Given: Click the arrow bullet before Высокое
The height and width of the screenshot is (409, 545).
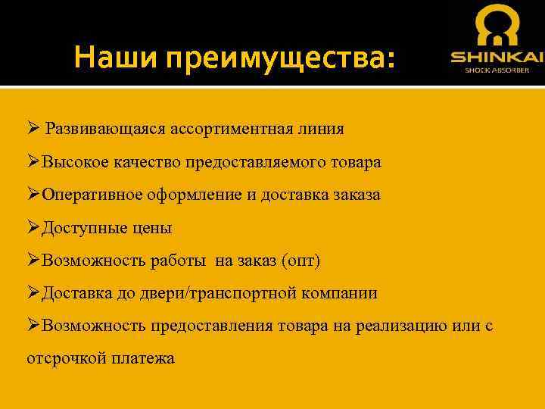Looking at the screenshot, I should pyautogui.click(x=33, y=162).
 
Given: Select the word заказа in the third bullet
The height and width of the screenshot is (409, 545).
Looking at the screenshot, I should pyautogui.click(x=357, y=195).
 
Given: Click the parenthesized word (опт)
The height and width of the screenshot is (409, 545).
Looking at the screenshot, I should pyautogui.click(x=301, y=261).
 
